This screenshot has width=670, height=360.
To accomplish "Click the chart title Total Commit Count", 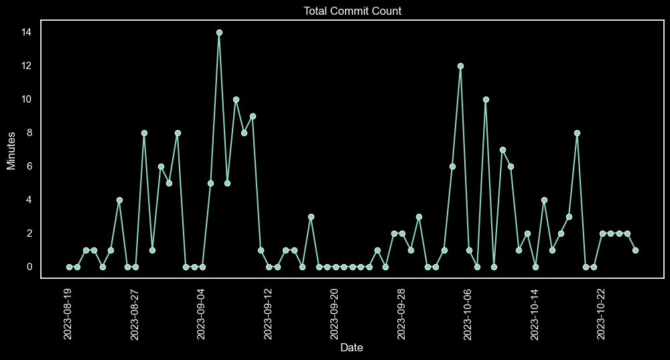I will (x=352, y=11).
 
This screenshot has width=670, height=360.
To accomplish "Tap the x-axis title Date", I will (x=352, y=347).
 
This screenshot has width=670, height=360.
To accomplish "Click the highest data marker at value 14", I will (x=219, y=32).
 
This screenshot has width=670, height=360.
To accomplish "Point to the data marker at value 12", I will (x=460, y=66).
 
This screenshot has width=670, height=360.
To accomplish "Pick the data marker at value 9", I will (x=253, y=116).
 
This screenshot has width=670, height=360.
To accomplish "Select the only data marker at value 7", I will (x=502, y=149).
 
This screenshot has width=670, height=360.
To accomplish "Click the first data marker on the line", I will (x=69, y=267).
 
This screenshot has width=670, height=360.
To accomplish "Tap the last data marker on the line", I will (x=635, y=250).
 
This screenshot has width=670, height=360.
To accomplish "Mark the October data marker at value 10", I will (x=486, y=99).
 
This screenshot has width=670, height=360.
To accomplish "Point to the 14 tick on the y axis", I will (x=27, y=32).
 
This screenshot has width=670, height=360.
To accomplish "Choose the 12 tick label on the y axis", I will (x=27, y=66).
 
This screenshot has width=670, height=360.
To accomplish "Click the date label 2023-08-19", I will (x=68, y=314).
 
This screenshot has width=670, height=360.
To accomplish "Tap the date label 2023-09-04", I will (x=202, y=314).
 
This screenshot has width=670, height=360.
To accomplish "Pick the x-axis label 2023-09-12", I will (x=268, y=314).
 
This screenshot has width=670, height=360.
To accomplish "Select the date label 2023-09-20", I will (x=335, y=314).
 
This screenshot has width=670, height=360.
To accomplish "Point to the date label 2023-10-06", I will (x=468, y=314).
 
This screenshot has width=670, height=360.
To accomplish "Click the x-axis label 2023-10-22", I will (x=601, y=314).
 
